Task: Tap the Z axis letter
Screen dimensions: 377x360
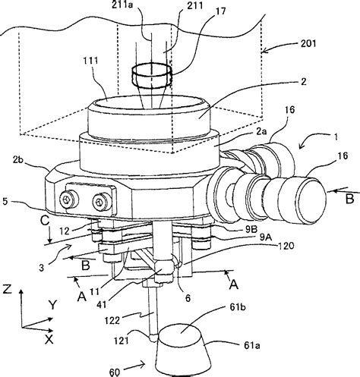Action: point(6,288)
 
